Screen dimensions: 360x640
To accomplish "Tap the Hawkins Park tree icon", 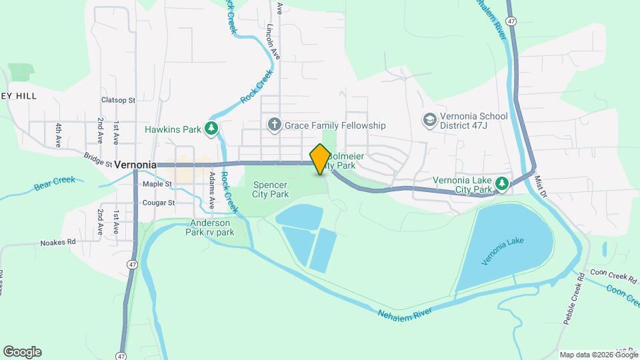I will (212, 127).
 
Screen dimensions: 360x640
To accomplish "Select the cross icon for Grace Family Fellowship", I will (273, 125).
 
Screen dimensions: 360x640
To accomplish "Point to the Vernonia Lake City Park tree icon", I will (502, 183).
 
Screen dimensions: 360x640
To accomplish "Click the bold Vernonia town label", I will (135, 164).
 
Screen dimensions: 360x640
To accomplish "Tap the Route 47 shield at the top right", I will (511, 21).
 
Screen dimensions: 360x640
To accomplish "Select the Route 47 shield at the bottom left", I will (121, 355).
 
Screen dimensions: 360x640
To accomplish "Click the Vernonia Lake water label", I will (503, 251).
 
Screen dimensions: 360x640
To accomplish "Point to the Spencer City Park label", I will (270, 189).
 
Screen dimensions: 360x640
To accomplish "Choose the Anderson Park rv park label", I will (210, 227).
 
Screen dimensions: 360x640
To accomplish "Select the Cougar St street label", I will (158, 203).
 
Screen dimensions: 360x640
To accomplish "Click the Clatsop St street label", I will (118, 100).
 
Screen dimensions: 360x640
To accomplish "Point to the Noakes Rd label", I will (59, 243).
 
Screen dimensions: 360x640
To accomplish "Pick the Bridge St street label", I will (98, 157).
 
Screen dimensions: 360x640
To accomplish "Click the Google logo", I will (23, 352).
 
